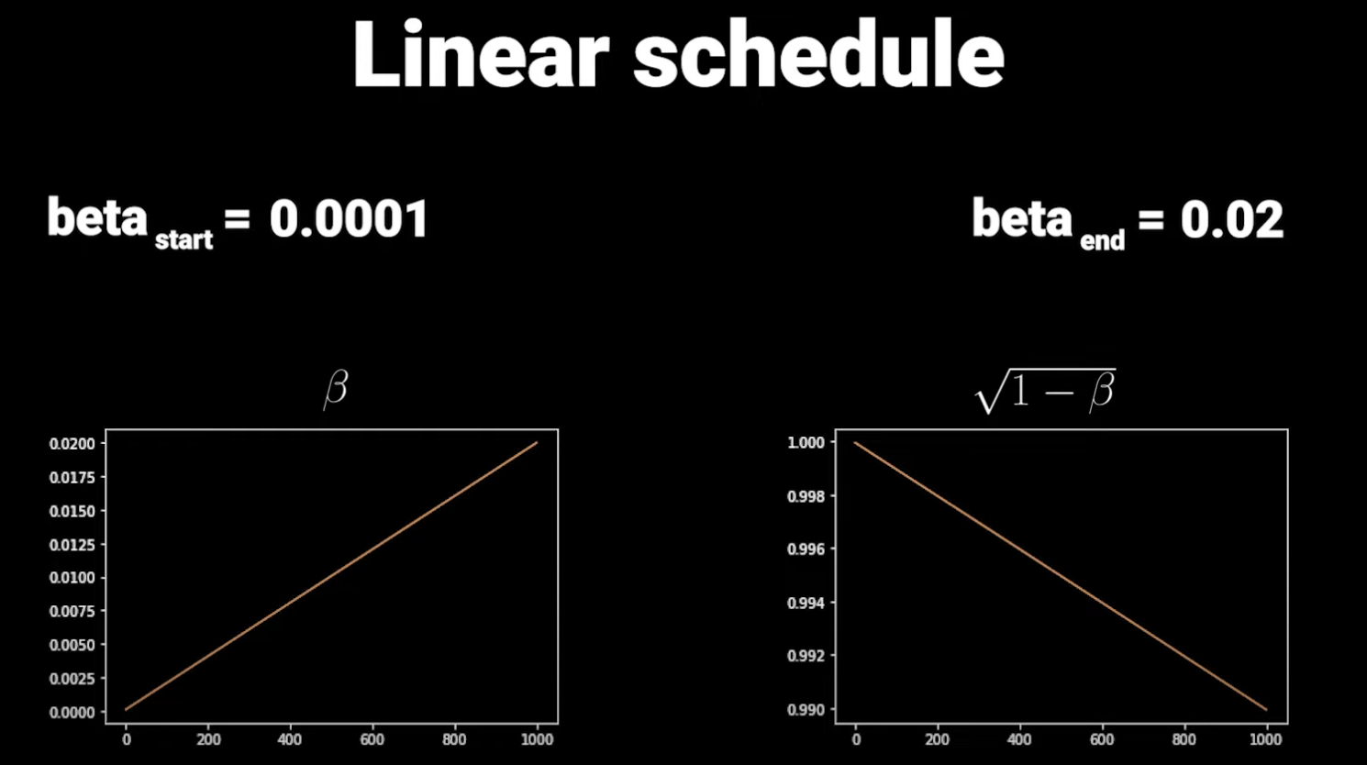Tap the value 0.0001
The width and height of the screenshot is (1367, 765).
click(349, 220)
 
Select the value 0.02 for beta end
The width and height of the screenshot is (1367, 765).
click(1231, 220)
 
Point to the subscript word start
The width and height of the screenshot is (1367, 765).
click(183, 240)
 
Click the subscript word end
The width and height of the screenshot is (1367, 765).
click(1102, 241)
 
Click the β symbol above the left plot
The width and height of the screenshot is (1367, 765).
click(336, 389)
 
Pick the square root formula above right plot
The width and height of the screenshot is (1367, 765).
click(1045, 392)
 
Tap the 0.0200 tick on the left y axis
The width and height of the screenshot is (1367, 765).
click(72, 444)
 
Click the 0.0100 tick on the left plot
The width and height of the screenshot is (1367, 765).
click(72, 578)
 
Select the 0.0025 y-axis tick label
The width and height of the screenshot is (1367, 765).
click(72, 679)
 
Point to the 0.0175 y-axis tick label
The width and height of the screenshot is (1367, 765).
click(72, 478)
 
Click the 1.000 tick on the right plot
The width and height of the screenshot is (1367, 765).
click(806, 443)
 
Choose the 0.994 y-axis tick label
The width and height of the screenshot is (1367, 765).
click(806, 604)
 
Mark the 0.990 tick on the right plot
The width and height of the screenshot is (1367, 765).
click(806, 710)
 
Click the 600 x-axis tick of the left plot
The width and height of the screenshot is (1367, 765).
click(372, 739)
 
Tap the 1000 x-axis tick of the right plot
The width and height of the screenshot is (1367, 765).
click(1266, 739)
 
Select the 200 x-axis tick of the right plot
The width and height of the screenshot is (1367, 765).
click(938, 739)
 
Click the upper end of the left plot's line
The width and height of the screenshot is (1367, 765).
click(537, 443)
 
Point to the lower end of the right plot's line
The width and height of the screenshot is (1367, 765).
click(1266, 709)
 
